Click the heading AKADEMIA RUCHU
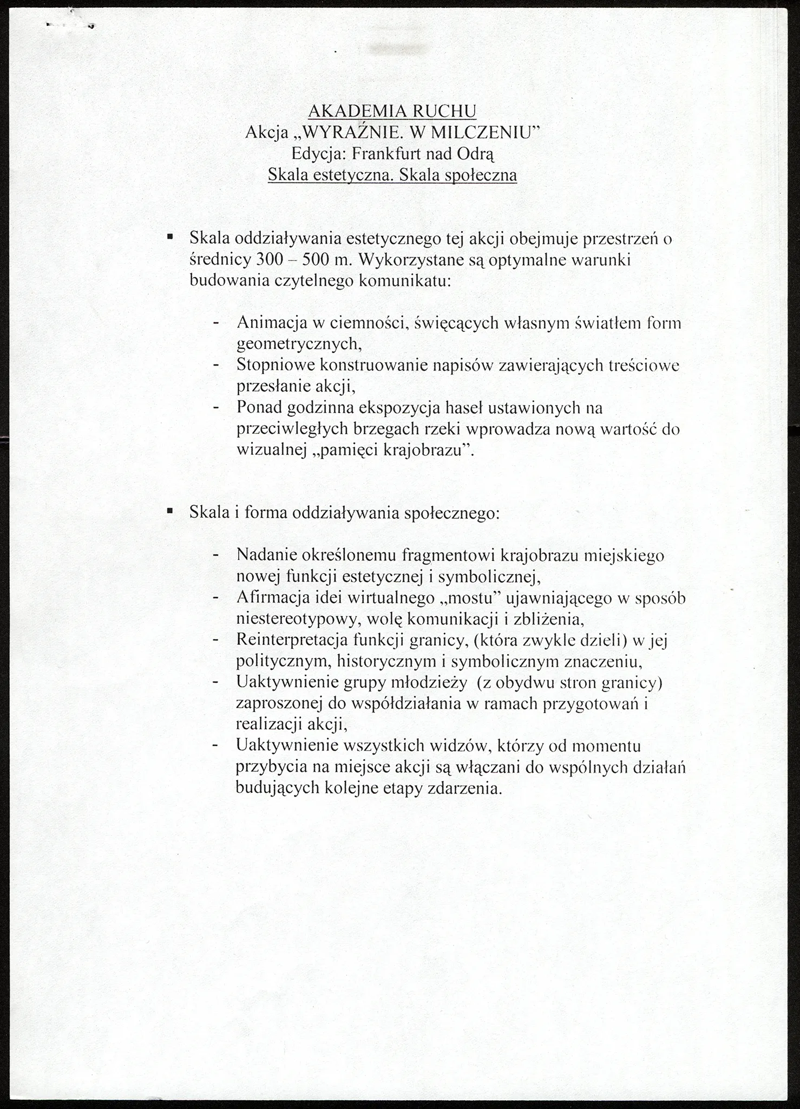tap(392, 110)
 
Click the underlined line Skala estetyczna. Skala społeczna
tap(392, 175)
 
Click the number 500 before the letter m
tap(319, 259)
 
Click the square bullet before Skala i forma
tap(170, 510)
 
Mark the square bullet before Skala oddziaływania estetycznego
tap(170, 236)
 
